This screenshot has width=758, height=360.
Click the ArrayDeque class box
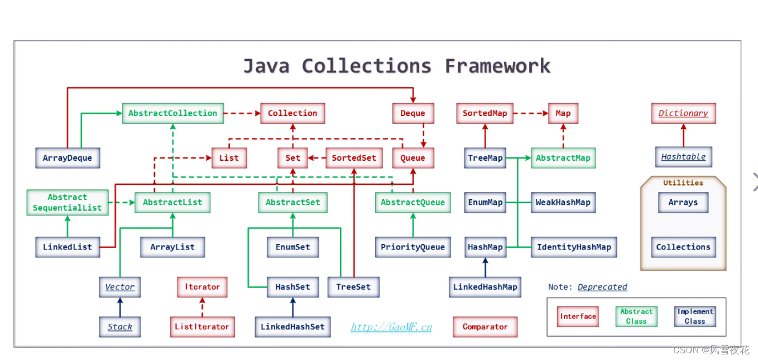67,158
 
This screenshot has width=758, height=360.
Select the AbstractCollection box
172,113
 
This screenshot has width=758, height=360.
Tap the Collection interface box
292,113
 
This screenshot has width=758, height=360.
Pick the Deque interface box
412,113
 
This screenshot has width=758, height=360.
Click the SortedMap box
484,113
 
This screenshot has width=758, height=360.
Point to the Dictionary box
683,113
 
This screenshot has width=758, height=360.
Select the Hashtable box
683,157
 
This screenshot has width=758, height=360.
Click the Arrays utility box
683,203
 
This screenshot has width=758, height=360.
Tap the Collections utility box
683,247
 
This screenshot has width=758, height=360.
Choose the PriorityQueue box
412,247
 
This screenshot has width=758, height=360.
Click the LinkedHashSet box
292,327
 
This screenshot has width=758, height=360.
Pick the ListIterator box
202,327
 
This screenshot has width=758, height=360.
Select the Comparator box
484,327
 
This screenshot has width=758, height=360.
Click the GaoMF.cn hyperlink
391,327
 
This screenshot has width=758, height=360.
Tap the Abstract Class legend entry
636,316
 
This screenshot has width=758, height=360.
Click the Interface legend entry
578,316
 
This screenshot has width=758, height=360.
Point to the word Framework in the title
497,66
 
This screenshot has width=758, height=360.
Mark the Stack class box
119,327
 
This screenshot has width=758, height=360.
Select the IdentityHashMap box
573,247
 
